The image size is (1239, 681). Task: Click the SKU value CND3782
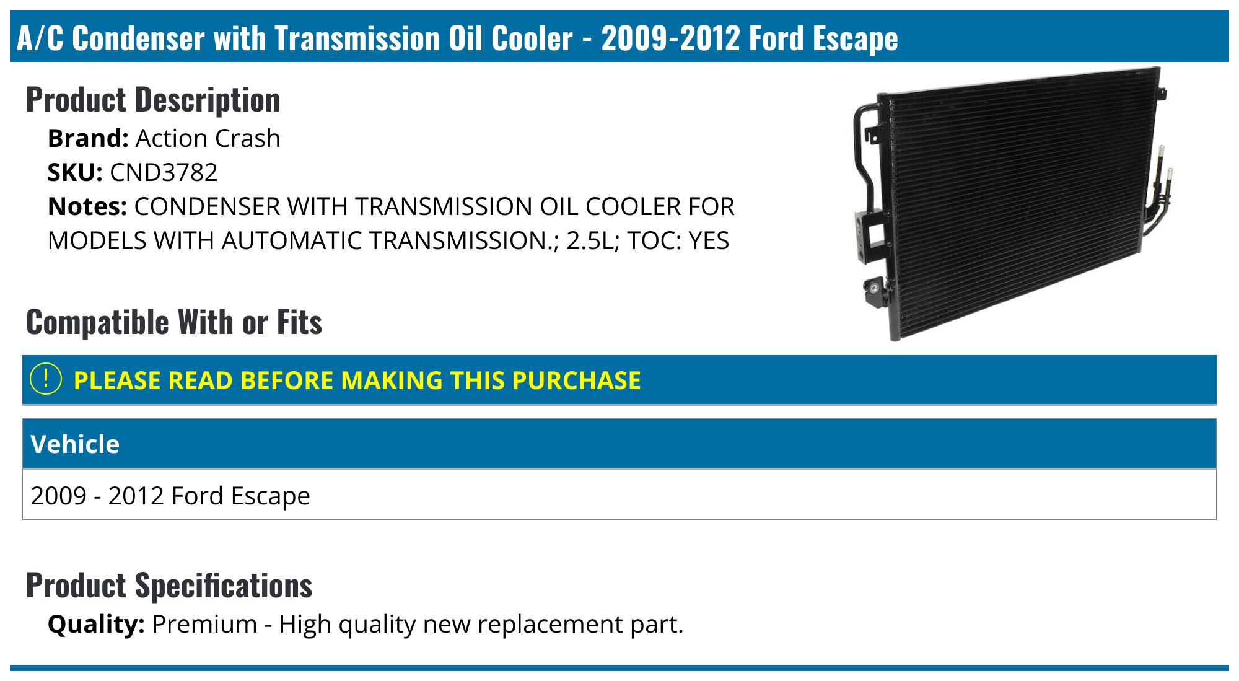[x=164, y=172]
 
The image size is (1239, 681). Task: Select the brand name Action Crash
[x=208, y=138]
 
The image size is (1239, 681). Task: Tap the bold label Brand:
[x=88, y=138]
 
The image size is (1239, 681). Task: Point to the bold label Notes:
[x=87, y=206]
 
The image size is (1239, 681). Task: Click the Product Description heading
[x=153, y=100]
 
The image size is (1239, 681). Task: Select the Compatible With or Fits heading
[x=174, y=322]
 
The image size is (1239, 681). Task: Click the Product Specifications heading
[x=169, y=586]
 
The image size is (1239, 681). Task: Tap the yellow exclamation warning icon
[x=46, y=379]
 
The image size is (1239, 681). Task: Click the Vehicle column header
[x=75, y=444]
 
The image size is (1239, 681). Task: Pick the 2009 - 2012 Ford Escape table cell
[x=170, y=496]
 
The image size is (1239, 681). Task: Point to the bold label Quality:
[x=96, y=624]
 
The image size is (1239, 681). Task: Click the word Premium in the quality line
[x=204, y=624]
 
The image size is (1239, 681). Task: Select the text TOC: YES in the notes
[x=678, y=240]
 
